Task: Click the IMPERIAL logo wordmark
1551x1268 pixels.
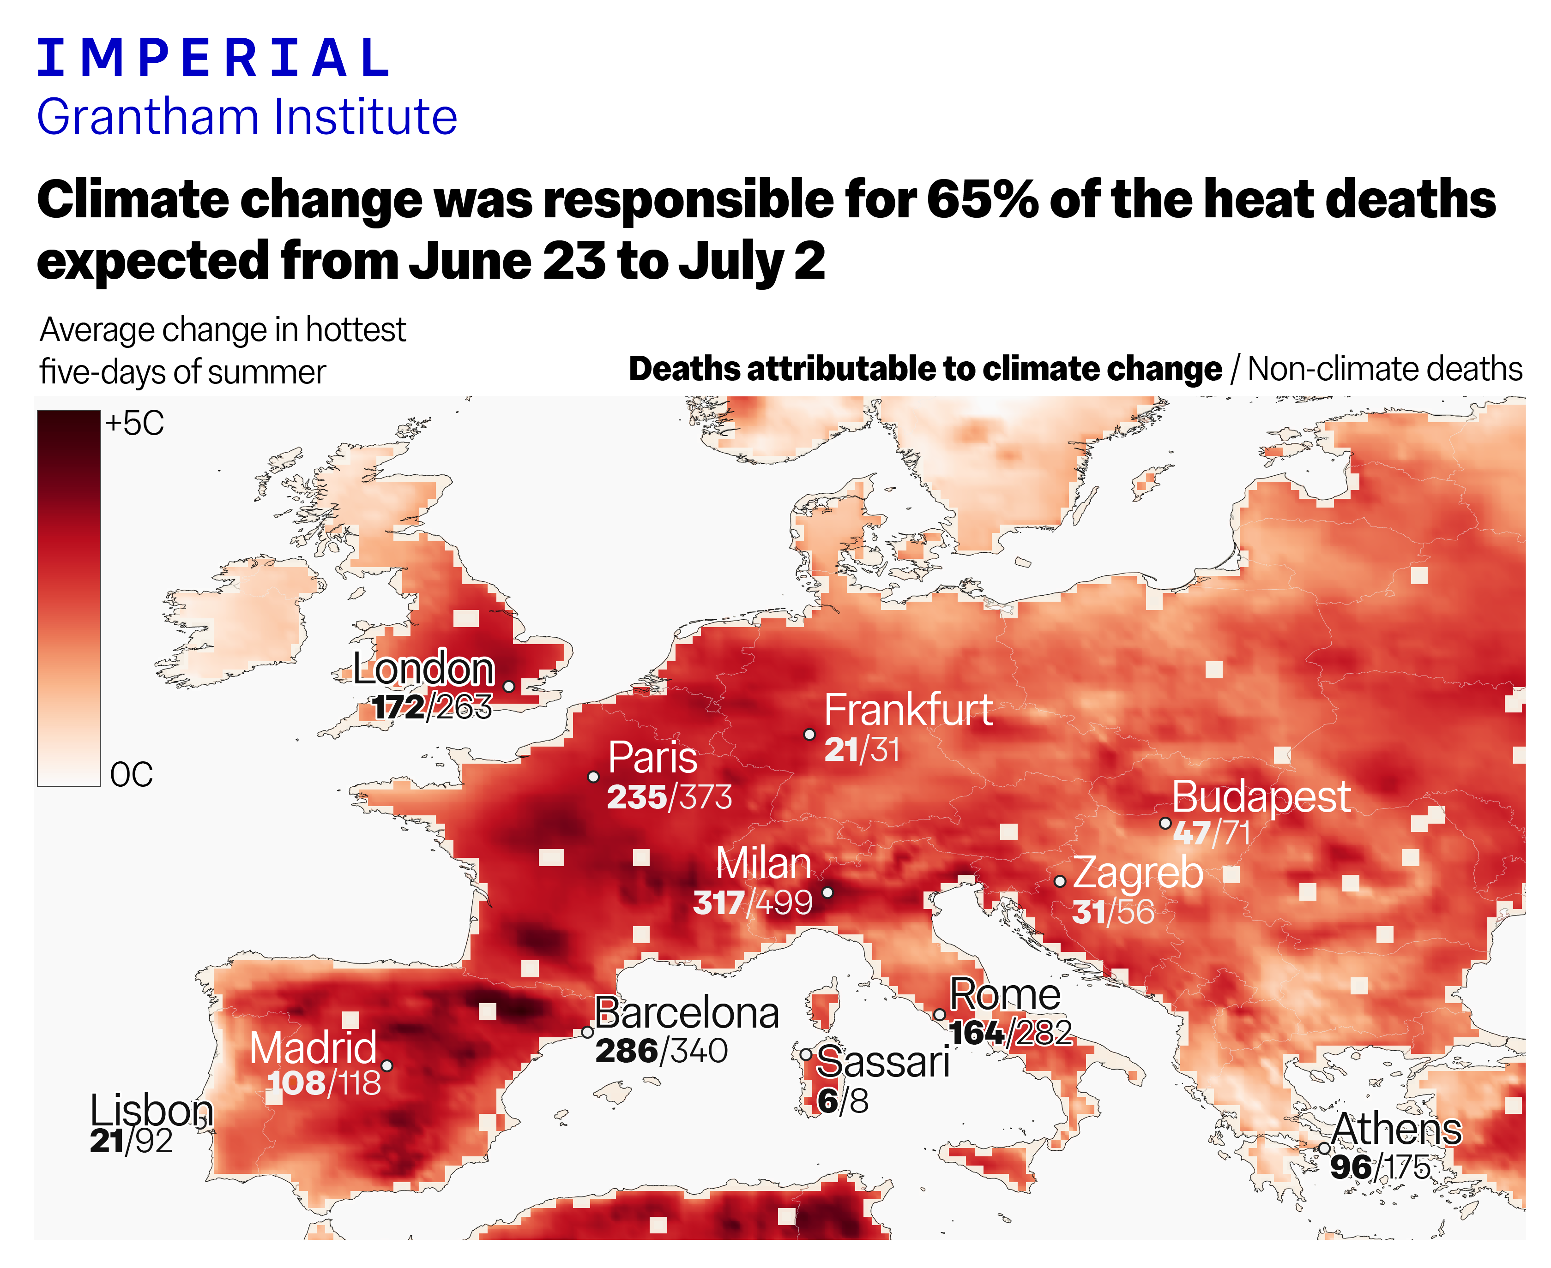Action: pos(212,59)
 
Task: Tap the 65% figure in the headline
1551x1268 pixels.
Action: pos(982,199)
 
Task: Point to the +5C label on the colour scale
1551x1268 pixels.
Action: pos(134,424)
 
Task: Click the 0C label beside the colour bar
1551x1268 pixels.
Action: pos(132,774)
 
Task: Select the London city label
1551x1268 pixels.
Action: pos(424,668)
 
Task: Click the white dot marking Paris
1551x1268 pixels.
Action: pos(593,777)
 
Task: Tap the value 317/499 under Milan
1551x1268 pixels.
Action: pos(753,903)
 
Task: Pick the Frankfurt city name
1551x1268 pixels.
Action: pos(909,710)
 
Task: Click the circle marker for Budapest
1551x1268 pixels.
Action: pos(1165,823)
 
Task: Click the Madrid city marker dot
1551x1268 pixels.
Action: pos(386,1066)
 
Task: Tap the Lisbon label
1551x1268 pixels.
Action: pos(151,1111)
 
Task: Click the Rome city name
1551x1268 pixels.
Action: pos(1005,995)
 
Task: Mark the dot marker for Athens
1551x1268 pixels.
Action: pos(1324,1148)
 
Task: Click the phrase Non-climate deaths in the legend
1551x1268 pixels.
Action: pos(1384,370)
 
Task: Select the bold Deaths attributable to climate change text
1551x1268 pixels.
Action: pos(924,370)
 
